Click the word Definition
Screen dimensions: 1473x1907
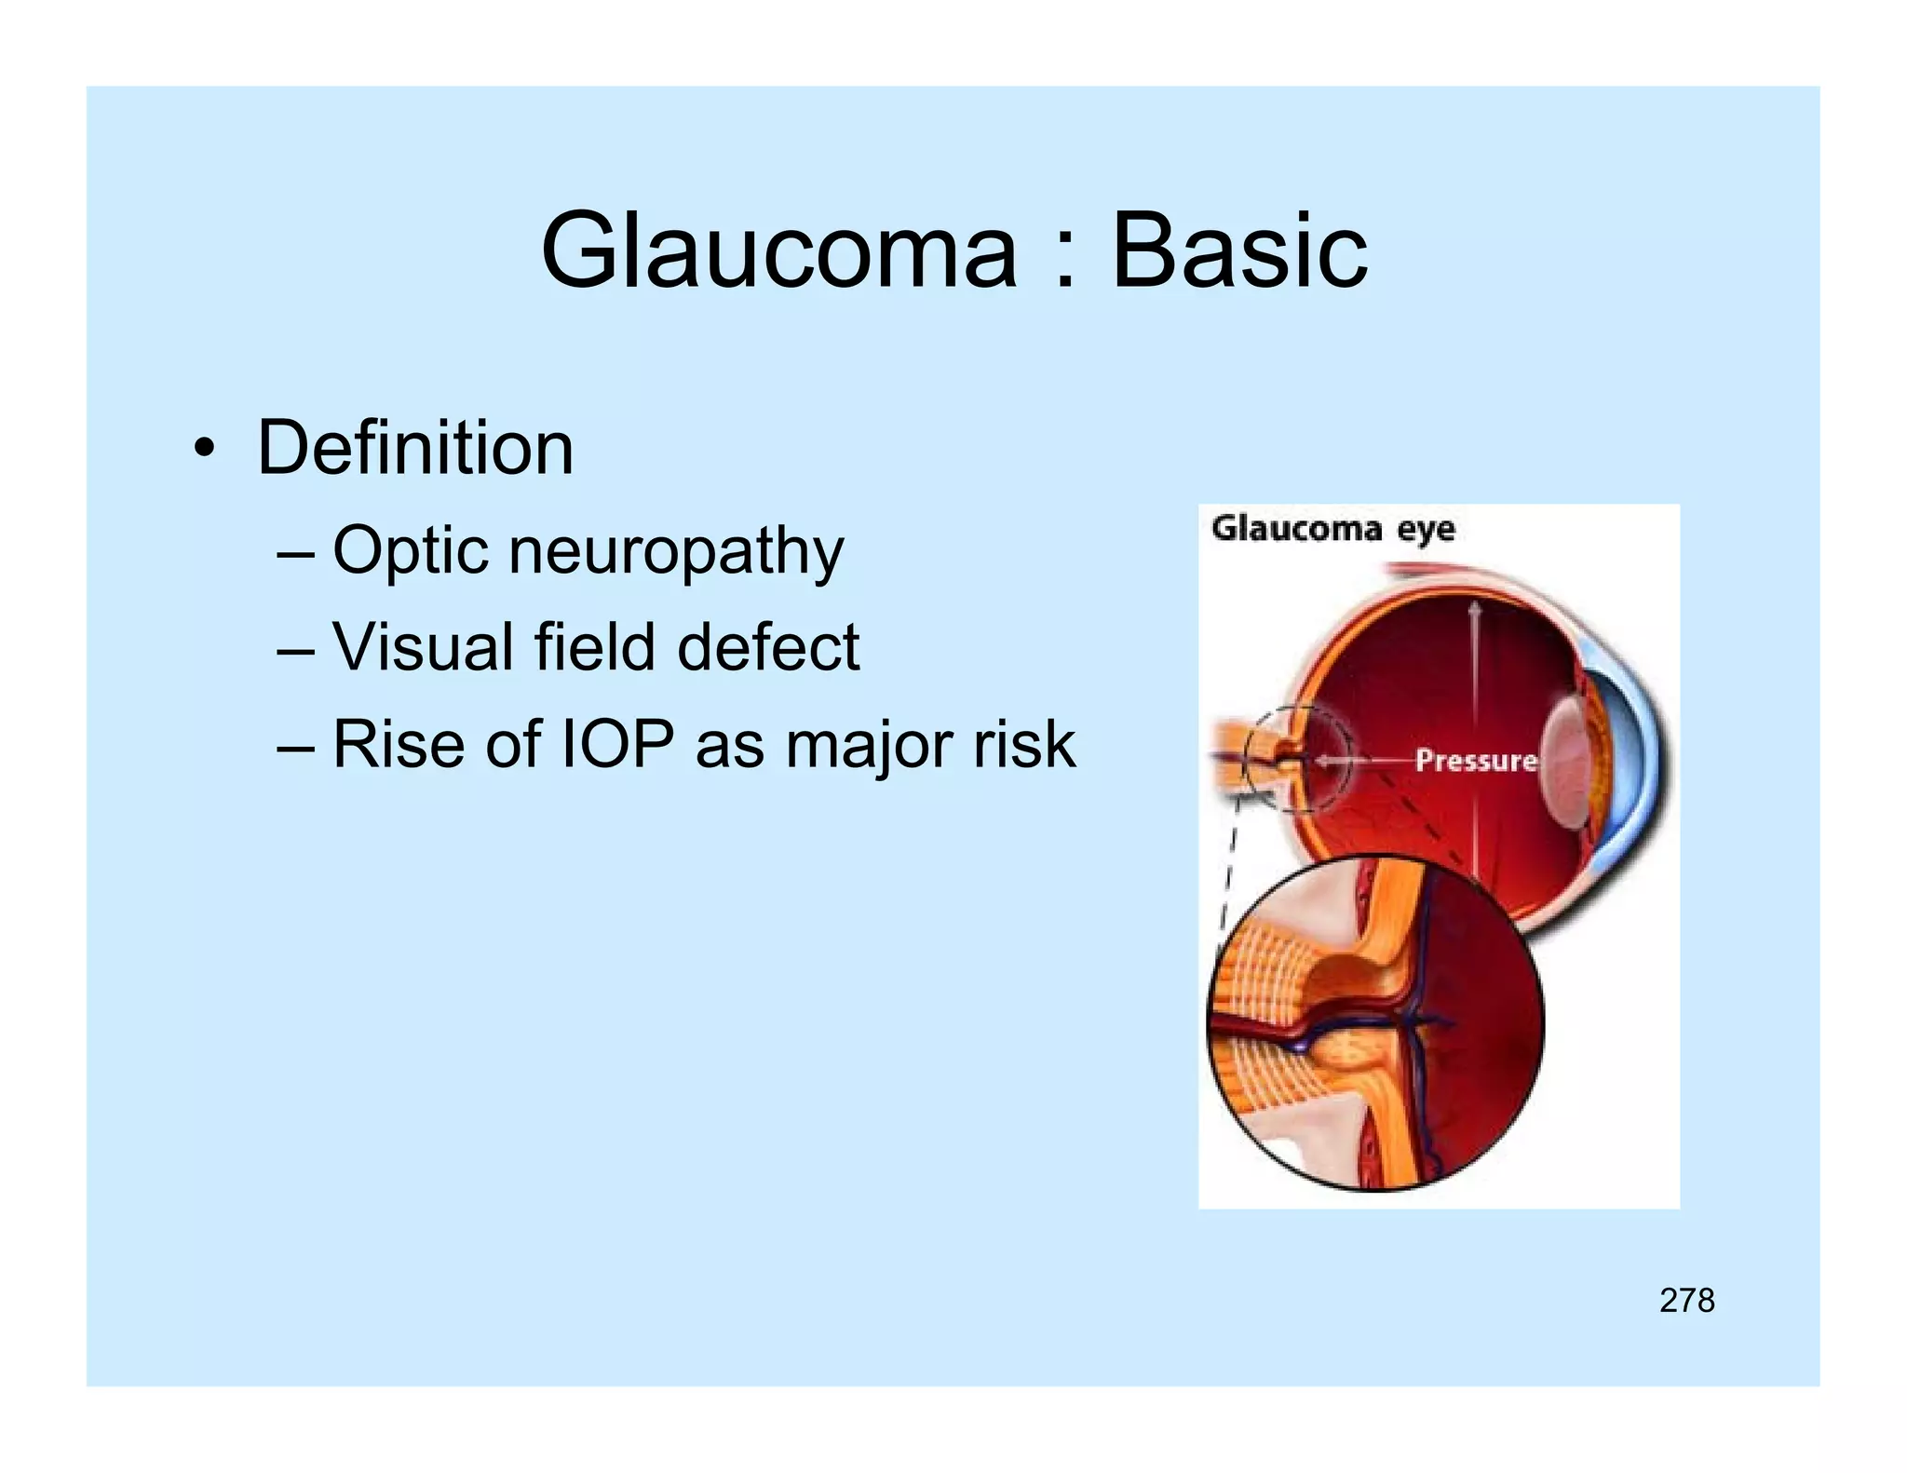pyautogui.click(x=415, y=448)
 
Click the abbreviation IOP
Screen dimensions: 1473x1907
pyautogui.click(x=617, y=745)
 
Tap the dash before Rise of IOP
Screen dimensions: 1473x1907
pyautogui.click(x=295, y=747)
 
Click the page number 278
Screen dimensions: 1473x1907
pyautogui.click(x=1686, y=1300)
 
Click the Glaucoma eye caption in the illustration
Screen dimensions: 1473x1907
pyautogui.click(x=1332, y=529)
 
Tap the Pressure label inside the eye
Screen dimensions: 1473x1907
pyautogui.click(x=1475, y=761)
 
